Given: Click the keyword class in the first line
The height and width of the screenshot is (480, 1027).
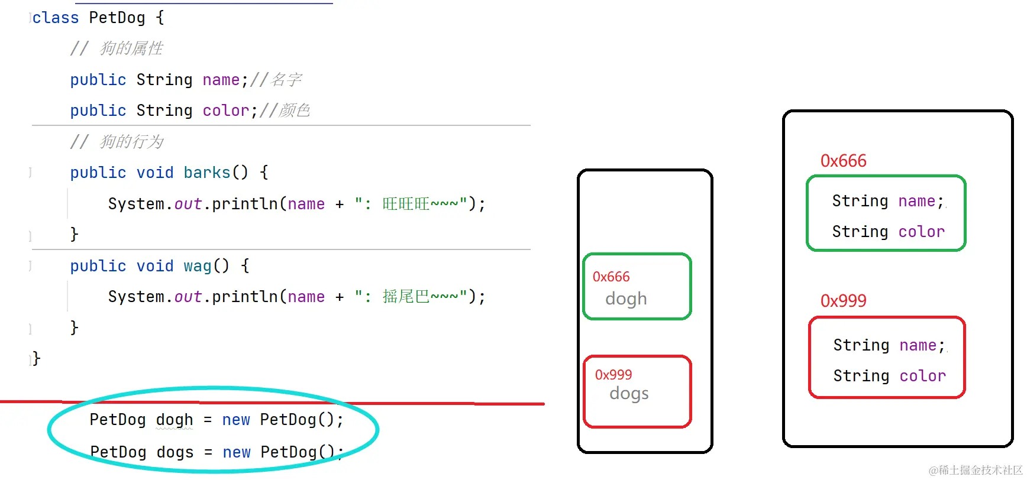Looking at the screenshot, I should (56, 18).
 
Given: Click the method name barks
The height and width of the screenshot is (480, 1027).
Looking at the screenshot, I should (206, 173).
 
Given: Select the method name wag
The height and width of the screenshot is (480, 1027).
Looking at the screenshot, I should (197, 266).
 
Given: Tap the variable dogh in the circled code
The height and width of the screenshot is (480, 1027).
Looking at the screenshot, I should (175, 420).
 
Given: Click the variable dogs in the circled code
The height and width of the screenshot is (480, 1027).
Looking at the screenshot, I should (175, 452).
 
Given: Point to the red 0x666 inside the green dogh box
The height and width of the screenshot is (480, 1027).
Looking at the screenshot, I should (611, 277).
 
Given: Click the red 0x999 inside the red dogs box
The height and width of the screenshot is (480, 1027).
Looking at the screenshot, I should (613, 375).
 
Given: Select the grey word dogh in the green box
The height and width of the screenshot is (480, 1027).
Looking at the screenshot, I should (626, 299).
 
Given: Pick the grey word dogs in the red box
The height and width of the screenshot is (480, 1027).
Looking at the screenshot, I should (629, 393).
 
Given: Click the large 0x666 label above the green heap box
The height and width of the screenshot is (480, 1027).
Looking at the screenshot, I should (843, 161).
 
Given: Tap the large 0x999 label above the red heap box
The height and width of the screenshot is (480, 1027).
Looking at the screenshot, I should (843, 301).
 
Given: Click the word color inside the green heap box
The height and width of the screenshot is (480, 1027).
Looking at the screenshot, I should (921, 232).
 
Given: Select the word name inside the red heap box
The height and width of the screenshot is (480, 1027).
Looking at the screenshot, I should (918, 345).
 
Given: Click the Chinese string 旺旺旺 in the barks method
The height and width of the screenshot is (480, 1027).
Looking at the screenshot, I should (406, 204).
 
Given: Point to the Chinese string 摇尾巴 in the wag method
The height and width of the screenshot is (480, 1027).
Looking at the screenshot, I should (406, 297).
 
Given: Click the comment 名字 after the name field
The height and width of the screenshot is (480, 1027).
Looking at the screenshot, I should (286, 80).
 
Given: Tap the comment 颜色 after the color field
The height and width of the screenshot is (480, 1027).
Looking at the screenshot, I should (295, 111).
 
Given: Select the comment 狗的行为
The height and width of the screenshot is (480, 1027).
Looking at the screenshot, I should (131, 142).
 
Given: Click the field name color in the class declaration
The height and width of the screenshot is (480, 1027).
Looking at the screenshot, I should (226, 111).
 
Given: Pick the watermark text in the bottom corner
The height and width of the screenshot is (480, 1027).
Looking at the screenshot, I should (976, 470).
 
